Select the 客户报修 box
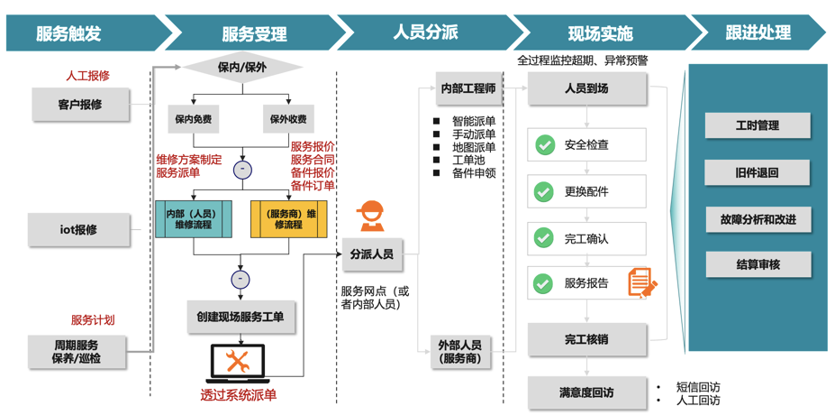pos(80,105)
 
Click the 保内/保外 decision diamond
pos(242,68)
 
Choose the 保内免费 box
pos(194,119)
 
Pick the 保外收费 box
pos(288,119)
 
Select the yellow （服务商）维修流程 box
pos(288,218)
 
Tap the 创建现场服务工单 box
pos(241,318)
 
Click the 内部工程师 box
pos(468,88)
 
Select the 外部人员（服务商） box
pos(460,352)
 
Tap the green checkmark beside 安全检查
pos(544,144)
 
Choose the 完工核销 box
pos(586,340)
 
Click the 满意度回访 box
pos(586,392)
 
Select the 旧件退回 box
pos(757,172)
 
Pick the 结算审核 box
pos(757,264)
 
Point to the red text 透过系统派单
pos(239,395)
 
